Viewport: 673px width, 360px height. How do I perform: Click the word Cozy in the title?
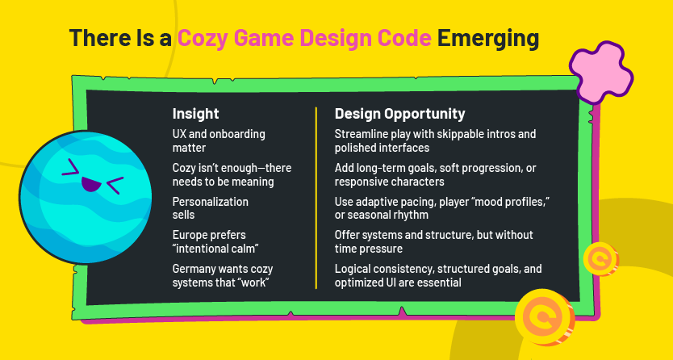click(203, 39)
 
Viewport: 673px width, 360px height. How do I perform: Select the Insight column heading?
click(196, 114)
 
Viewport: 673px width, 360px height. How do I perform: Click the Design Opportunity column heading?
click(399, 114)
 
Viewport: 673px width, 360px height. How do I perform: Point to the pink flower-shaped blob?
click(601, 72)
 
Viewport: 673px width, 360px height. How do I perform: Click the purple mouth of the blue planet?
click(91, 184)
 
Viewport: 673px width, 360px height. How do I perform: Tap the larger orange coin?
click(544, 316)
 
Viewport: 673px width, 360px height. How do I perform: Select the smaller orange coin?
click(600, 259)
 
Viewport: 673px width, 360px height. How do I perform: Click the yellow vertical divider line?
click(316, 198)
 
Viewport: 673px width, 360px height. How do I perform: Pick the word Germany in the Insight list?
click(192, 270)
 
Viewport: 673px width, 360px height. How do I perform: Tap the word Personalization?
click(211, 202)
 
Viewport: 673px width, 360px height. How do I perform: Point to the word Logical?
click(350, 269)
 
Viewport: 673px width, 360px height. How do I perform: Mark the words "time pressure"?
click(368, 249)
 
